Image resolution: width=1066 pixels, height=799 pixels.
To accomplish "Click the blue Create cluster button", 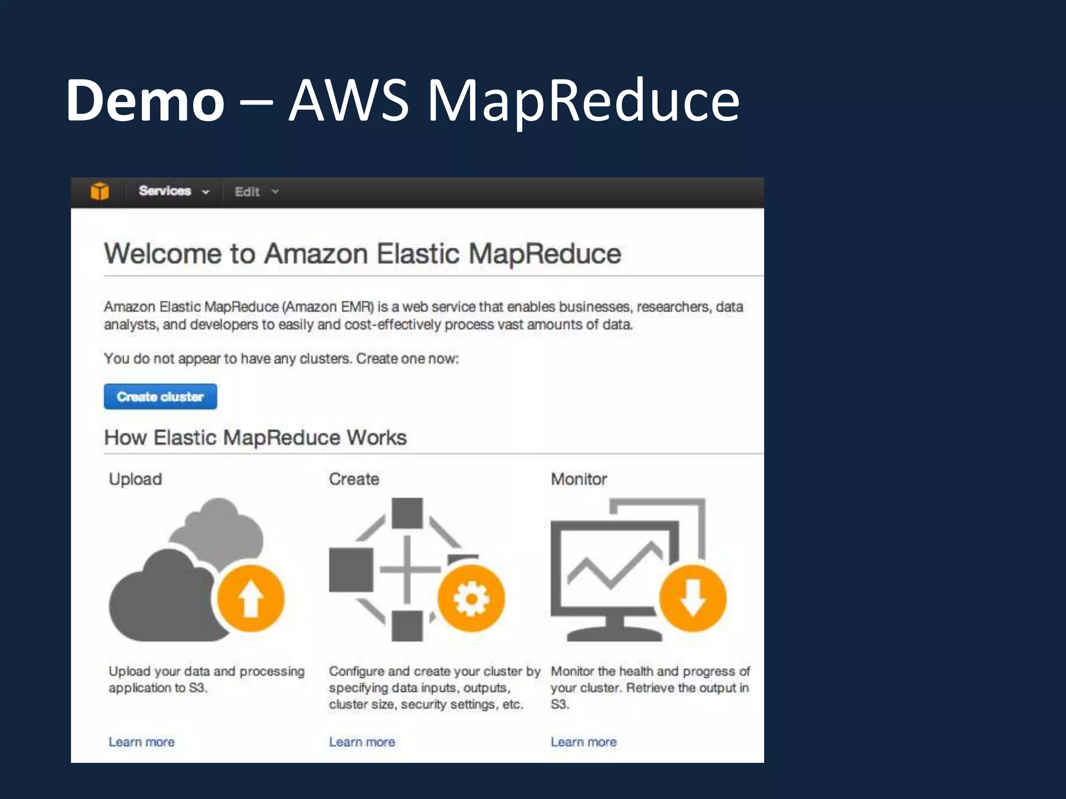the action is pos(160,397).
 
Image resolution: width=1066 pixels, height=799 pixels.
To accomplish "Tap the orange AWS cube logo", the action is pos(99,191).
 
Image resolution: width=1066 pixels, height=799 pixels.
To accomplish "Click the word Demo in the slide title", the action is pos(145,100).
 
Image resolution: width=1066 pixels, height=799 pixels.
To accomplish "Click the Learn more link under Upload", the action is pos(142,742).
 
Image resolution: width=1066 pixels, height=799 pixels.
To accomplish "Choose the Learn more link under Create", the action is pos(362,742).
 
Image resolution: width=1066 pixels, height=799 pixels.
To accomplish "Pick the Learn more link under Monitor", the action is pos(583,742).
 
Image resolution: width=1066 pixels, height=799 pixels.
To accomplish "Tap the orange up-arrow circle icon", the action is pos(251,598).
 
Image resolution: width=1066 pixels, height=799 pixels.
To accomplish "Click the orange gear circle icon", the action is pos(471,598).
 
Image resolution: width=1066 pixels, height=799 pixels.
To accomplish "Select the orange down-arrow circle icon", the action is pos(692,598).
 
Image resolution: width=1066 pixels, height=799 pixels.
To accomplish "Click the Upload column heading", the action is pos(135,479).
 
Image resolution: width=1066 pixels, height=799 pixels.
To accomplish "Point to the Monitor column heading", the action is pos(579,479).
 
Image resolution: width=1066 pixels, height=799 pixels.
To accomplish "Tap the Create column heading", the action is pos(354,479).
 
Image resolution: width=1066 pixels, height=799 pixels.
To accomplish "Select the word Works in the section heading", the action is pos(376,437).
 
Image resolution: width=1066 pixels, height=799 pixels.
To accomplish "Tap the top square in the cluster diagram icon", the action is pos(407,513).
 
